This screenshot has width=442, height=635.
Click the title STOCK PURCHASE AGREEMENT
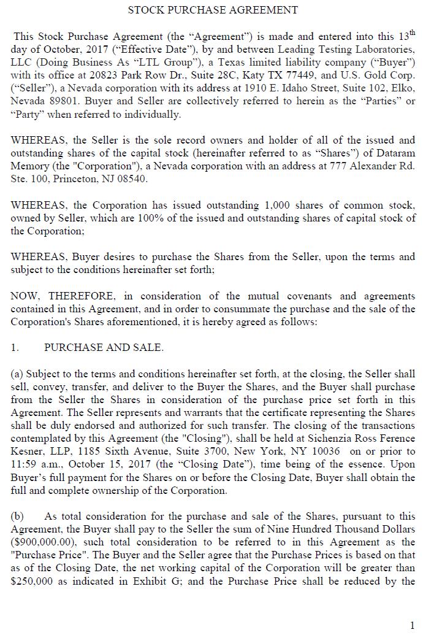213,10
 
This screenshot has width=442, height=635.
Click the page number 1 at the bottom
413,625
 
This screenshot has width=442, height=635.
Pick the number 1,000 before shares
281,206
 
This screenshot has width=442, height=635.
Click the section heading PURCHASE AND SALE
104,348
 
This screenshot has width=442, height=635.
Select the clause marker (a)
17,374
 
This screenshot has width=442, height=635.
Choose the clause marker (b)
18,517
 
